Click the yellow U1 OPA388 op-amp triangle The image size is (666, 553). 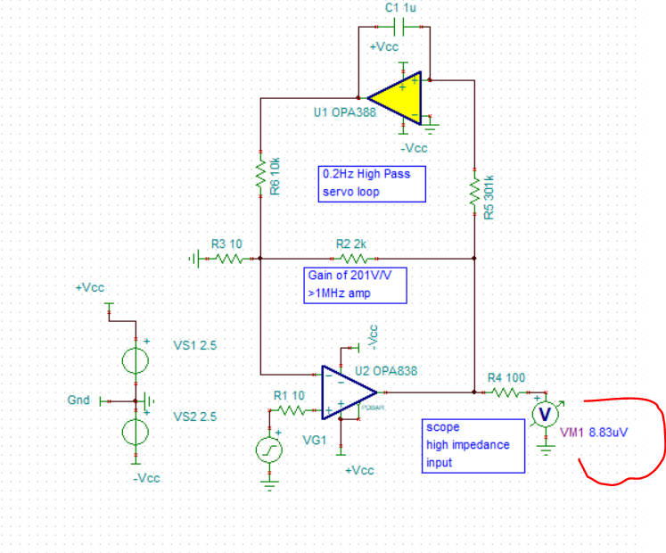click(398, 97)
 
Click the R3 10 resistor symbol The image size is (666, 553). click(227, 259)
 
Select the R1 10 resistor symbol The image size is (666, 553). click(291, 411)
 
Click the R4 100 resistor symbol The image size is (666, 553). click(505, 392)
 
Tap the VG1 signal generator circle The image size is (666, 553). click(270, 450)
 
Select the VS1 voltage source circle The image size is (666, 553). click(136, 361)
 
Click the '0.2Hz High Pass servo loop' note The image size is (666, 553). click(372, 183)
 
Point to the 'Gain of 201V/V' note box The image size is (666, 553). click(354, 285)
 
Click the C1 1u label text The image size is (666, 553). click(401, 8)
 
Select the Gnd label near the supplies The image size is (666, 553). click(78, 400)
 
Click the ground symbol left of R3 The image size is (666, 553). click(194, 259)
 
